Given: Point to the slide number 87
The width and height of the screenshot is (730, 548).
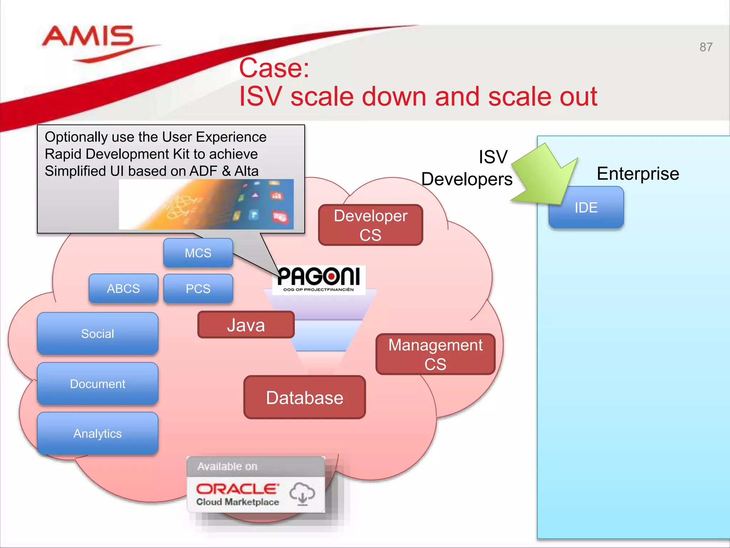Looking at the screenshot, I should coord(706,47).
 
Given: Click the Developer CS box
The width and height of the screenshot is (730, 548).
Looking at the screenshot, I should coord(370,225).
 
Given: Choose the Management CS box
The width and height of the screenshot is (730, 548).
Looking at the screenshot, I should coord(435,354).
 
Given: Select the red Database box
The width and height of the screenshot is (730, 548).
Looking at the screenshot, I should coord(304,397).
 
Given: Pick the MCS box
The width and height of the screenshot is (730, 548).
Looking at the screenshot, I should coord(198,253).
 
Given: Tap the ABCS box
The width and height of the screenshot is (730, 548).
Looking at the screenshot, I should coord(123,289).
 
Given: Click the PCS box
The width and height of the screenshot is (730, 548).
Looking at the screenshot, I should coord(198,289).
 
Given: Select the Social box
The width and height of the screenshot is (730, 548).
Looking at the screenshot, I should coord(98,334).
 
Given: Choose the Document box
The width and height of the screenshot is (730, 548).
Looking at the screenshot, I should coord(98,384).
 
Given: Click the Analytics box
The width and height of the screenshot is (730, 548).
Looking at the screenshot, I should coord(98,433).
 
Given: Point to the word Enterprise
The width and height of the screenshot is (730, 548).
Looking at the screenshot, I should coord(638,174).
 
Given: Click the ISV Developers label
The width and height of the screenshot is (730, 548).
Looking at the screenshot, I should coord(467,168).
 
